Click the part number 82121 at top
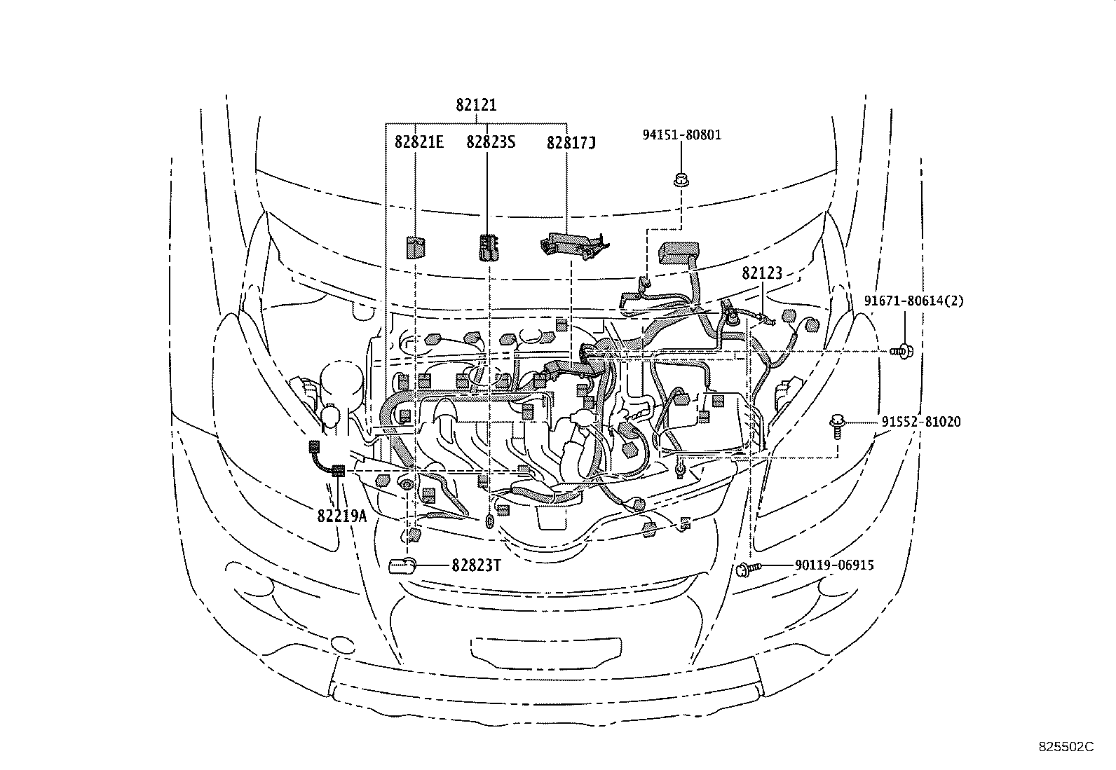476,105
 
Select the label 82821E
418,142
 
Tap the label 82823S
491,142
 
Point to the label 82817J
571,143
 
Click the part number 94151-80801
682,135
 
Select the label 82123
762,274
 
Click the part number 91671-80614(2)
913,301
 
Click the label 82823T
476,565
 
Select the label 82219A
341,516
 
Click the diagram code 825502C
1066,746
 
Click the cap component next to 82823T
403,565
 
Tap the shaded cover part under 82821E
416,247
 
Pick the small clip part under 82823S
488,247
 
